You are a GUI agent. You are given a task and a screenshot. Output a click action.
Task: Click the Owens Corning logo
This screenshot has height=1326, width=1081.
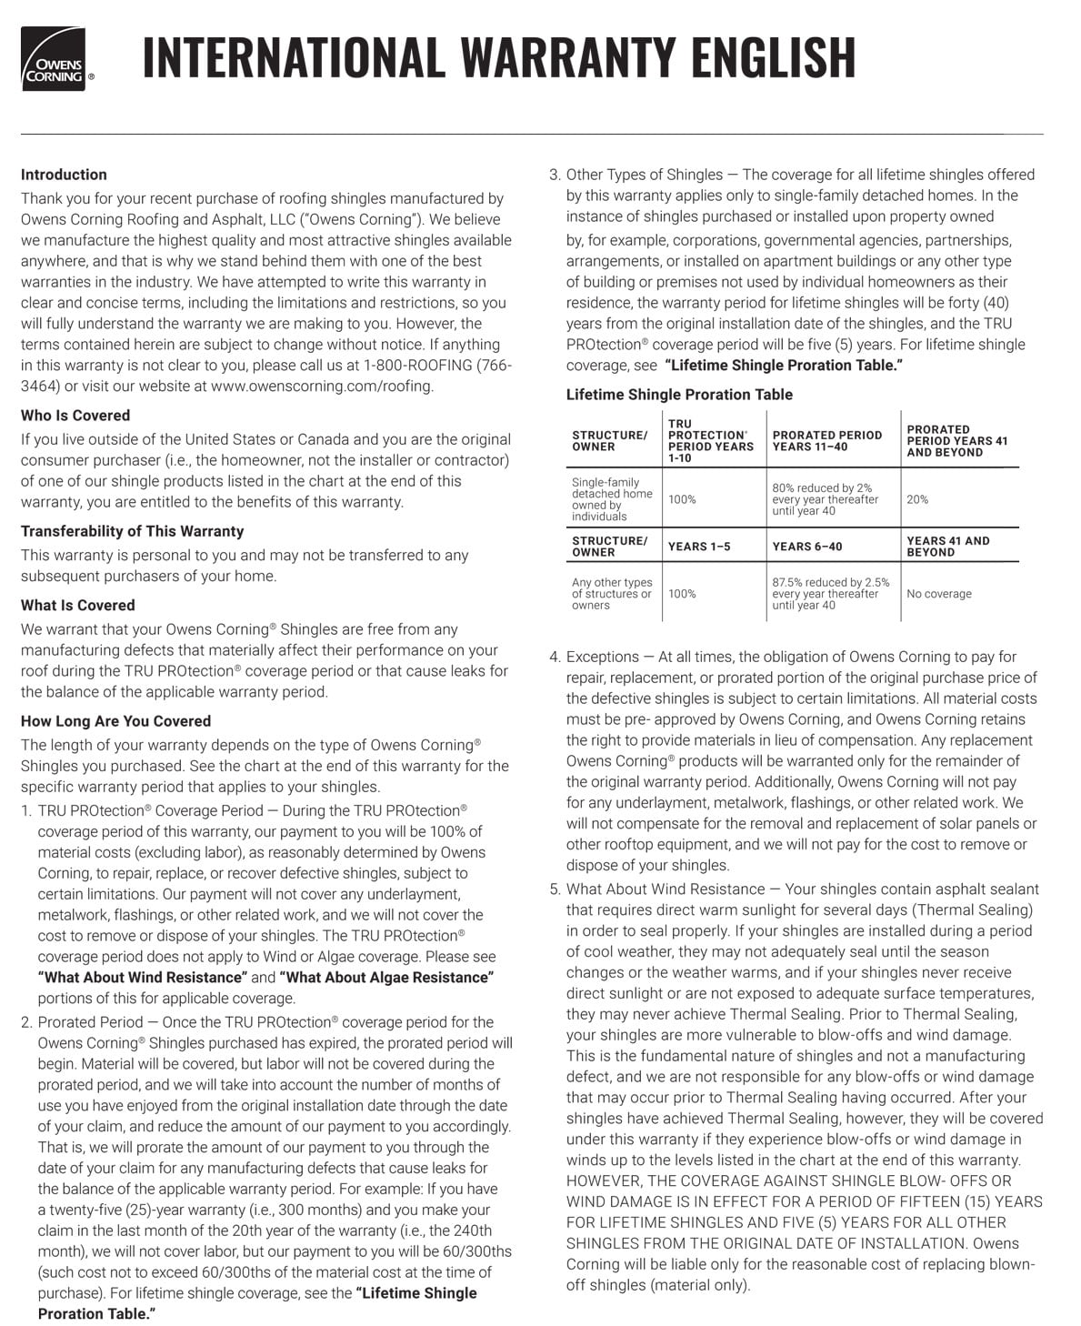54,59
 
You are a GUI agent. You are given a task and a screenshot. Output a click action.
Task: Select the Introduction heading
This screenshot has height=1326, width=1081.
64,175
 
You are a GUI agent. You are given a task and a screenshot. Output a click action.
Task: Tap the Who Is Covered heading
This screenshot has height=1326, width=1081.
75,416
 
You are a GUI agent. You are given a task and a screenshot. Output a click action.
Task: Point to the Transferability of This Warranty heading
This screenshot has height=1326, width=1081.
133,531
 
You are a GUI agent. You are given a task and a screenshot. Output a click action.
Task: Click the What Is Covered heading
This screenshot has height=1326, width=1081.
77,606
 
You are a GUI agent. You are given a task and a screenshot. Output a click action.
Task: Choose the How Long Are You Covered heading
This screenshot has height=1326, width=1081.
115,721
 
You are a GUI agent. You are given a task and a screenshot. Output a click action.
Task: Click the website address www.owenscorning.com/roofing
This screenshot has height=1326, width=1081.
322,386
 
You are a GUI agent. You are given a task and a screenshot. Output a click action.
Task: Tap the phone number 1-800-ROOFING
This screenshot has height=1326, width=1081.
417,366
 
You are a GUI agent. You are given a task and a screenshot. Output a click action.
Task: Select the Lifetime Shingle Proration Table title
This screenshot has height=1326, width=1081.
679,395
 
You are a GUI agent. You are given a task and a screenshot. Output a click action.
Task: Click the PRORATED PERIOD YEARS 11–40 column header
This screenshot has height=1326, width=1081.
826,441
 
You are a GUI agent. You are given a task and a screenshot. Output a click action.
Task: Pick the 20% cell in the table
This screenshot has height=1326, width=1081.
917,499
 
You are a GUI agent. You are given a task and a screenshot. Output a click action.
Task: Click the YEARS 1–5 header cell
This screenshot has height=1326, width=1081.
698,547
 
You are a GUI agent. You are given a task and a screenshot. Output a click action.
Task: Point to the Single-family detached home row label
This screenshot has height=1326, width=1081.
612,499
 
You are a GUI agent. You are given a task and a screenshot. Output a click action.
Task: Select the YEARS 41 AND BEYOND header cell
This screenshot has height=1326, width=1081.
947,547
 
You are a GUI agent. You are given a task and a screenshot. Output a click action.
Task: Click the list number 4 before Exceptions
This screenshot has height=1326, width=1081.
555,657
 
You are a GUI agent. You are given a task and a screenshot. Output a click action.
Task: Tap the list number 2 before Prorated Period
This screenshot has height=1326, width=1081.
26,1022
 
